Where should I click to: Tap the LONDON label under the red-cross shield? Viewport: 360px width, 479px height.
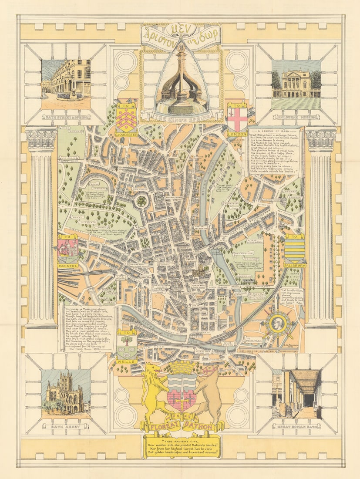[237, 134]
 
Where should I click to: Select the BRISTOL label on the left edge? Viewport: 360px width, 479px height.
[68, 265]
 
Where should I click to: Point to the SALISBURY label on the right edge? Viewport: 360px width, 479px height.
[295, 265]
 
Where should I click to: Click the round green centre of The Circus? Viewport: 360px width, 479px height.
[141, 201]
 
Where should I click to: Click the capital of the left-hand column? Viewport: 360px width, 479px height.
[41, 139]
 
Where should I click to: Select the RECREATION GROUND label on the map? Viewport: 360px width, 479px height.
[244, 255]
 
